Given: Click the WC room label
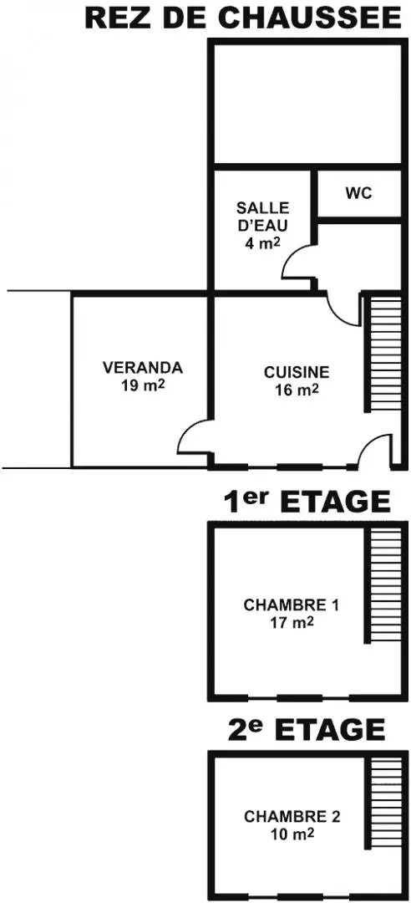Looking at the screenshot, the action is point(358,193).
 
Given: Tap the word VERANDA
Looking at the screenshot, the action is point(143,367).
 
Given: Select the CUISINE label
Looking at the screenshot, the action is point(297,372).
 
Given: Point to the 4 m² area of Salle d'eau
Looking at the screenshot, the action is point(262,242).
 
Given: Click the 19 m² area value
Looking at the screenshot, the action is point(144,385).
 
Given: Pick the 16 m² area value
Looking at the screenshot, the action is point(297,390).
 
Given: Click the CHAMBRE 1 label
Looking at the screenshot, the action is point(292,605).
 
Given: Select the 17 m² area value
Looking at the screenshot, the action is point(292,622).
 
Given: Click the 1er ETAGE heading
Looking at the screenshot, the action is point(307,501).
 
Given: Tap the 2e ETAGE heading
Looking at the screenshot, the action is point(307,730).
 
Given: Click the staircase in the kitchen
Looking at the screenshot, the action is point(383,354).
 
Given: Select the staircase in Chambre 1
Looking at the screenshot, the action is point(383,585).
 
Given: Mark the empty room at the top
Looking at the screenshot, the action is point(307,105).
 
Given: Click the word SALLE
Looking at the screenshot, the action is point(263,207).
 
